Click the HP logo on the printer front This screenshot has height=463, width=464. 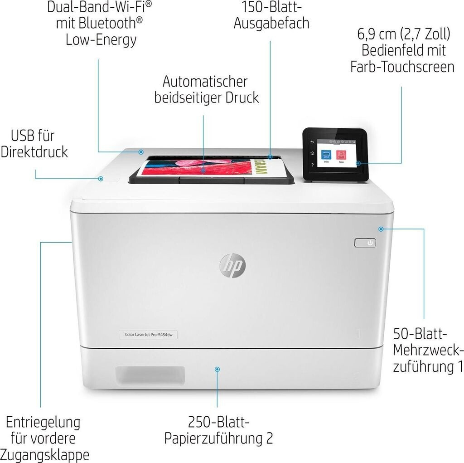tap(232, 264)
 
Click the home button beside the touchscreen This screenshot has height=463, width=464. tap(312, 154)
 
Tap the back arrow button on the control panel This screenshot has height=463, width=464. tap(312, 143)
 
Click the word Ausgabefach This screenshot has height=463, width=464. tap(271, 23)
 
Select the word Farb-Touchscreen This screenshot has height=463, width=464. tap(402, 67)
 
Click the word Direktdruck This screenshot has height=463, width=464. tap(34, 151)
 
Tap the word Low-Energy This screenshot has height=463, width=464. tap(101, 39)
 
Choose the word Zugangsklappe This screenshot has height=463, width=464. tap(45, 454)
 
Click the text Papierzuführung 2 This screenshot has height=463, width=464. tap(218, 439)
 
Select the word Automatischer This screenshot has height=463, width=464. tap(205, 82)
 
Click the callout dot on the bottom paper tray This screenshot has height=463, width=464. tap(217, 370)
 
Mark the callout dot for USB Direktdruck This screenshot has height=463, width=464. tap(101, 179)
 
